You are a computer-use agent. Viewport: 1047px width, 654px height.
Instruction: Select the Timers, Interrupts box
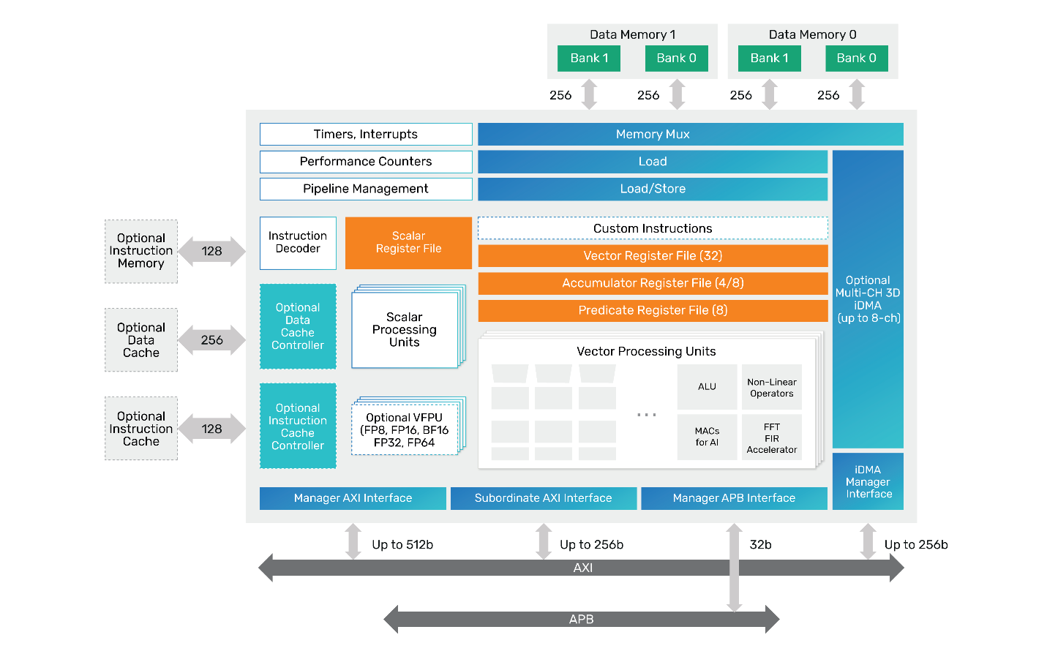pyautogui.click(x=366, y=135)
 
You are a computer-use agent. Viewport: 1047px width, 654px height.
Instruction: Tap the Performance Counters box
pyautogui.click(x=366, y=162)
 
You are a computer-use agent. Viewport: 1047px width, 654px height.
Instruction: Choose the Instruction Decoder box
pyautogui.click(x=298, y=243)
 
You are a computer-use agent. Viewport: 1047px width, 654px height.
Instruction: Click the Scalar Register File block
pyautogui.click(x=408, y=243)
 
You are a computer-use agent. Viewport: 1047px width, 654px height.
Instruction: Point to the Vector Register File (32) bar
pyautogui.click(x=653, y=256)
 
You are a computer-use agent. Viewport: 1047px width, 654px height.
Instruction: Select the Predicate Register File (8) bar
pyautogui.click(x=653, y=310)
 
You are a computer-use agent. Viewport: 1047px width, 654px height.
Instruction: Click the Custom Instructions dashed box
pyautogui.click(x=653, y=228)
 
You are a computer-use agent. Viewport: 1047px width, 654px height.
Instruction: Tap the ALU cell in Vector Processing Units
pyautogui.click(x=707, y=387)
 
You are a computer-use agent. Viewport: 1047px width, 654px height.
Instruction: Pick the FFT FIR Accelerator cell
pyautogui.click(x=772, y=437)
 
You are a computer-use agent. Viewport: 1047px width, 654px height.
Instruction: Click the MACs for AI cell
pyautogui.click(x=707, y=437)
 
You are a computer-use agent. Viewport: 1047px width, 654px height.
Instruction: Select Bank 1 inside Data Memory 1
pyautogui.click(x=589, y=59)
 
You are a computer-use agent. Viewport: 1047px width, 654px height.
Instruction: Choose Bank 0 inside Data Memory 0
pyautogui.click(x=856, y=59)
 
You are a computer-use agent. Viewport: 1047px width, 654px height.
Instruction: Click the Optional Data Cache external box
pyautogui.click(x=141, y=340)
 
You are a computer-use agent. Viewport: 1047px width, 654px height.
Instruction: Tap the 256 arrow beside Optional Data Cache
pyautogui.click(x=212, y=340)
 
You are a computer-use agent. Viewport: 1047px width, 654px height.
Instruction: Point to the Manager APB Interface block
pyautogui.click(x=734, y=498)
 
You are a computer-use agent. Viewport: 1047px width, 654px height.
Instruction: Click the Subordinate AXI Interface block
pyautogui.click(x=543, y=498)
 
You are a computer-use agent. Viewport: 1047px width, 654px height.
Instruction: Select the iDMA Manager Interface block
pyautogui.click(x=868, y=481)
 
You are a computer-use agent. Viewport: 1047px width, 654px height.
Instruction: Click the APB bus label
pyautogui.click(x=582, y=620)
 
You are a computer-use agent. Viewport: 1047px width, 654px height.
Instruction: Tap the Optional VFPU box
pyautogui.click(x=405, y=430)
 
